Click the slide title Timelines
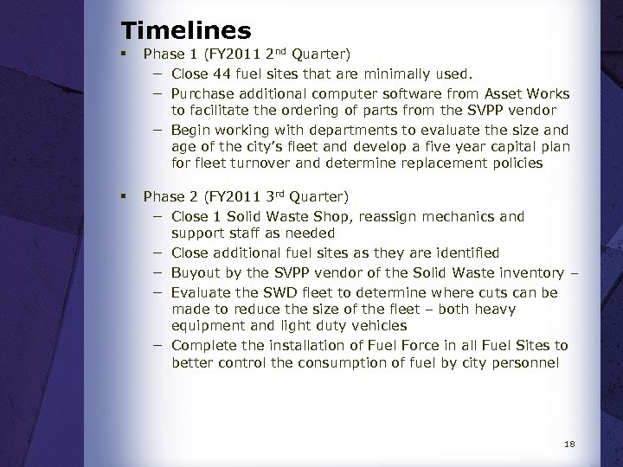[x=186, y=31]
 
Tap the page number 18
[x=568, y=445]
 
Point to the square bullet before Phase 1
[x=126, y=59]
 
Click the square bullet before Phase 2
[x=126, y=198]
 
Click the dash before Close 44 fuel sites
[x=160, y=76]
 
